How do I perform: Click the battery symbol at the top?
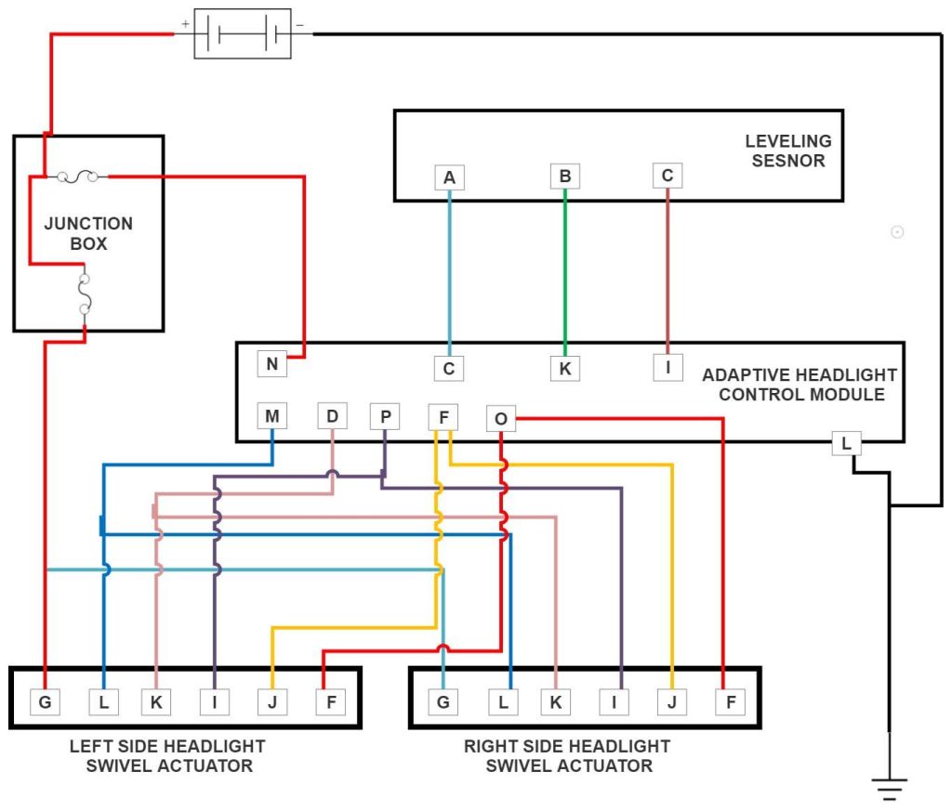point(242,35)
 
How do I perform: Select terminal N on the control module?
point(271,363)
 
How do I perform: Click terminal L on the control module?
point(845,444)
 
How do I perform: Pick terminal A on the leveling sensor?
point(449,177)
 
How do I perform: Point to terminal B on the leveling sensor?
point(564,176)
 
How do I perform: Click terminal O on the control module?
point(500,420)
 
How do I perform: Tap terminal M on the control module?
point(271,415)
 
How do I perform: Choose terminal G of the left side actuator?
point(45,702)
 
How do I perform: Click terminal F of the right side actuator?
point(730,702)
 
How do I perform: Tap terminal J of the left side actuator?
point(271,702)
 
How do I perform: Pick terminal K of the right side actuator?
point(555,702)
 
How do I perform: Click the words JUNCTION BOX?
point(88,233)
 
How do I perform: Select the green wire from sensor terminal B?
point(564,269)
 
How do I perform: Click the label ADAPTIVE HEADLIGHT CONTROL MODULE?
point(799,385)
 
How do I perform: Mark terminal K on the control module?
point(564,368)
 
